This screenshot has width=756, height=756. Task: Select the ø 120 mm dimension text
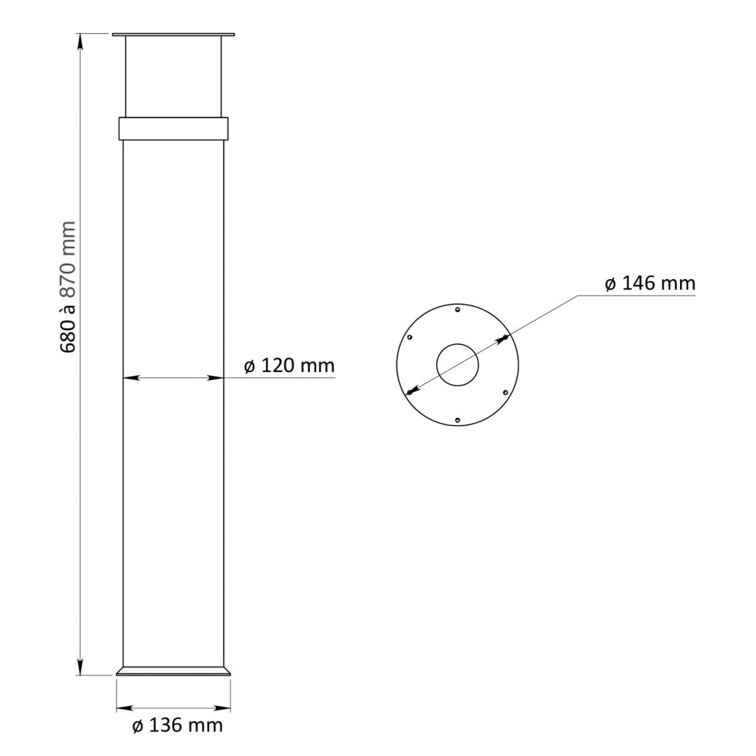pyautogui.click(x=289, y=365)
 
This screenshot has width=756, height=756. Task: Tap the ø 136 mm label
pyautogui.click(x=177, y=725)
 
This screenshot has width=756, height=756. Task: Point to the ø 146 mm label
pyautogui.click(x=650, y=283)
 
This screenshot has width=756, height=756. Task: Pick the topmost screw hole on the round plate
pyautogui.click(x=458, y=309)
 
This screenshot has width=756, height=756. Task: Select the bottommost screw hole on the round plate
pyautogui.click(x=458, y=420)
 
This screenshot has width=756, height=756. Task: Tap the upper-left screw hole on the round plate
pyautogui.click(x=410, y=337)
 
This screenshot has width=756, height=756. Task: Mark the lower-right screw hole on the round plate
pyautogui.click(x=505, y=392)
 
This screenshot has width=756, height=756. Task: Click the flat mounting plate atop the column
pyautogui.click(x=173, y=34)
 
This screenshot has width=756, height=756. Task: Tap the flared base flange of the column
pyautogui.click(x=174, y=671)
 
